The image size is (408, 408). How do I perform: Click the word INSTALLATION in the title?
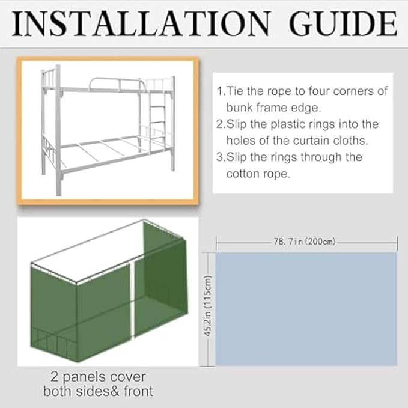(139, 23)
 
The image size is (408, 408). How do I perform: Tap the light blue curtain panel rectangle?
(306, 308)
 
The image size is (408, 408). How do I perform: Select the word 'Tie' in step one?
(236, 92)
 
